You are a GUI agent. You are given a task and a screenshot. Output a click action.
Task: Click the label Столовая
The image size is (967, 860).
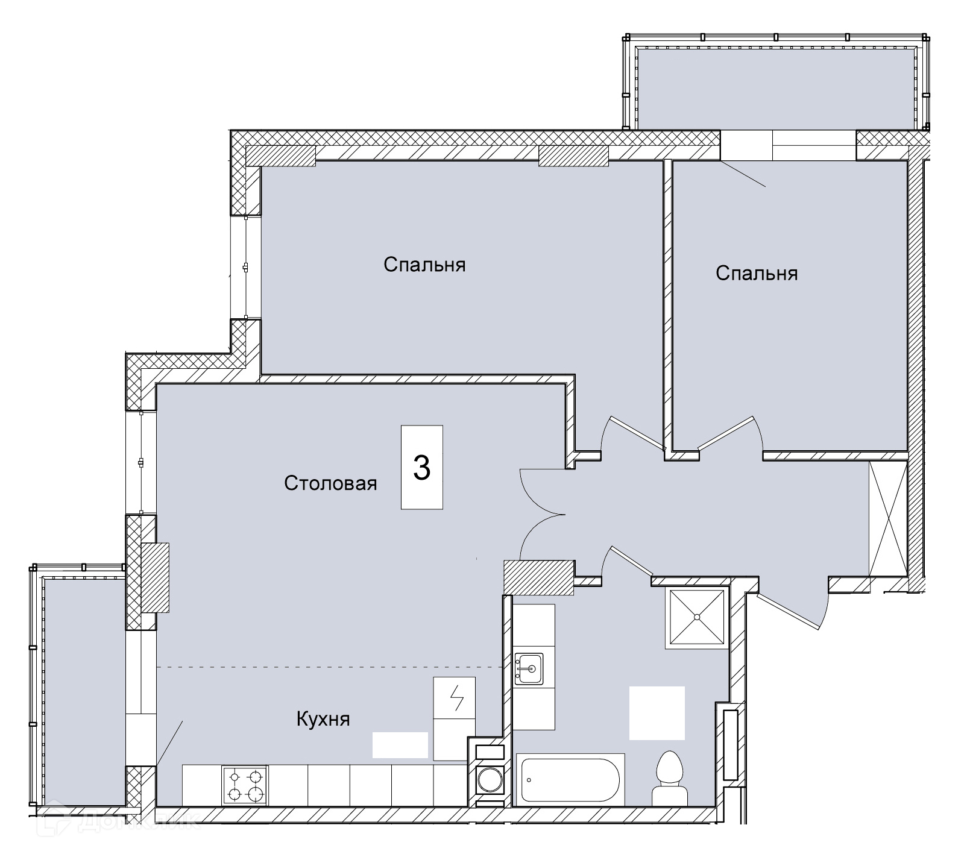click(330, 483)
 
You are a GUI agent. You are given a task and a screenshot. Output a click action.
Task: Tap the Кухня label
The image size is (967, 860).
click(323, 718)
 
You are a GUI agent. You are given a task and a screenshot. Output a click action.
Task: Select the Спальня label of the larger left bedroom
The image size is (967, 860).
click(424, 265)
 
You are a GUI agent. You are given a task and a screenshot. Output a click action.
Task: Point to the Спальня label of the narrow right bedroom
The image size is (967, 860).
click(757, 273)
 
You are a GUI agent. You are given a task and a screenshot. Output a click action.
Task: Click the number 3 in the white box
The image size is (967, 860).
click(421, 467)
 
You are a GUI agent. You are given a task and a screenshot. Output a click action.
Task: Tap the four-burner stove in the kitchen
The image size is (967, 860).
click(245, 785)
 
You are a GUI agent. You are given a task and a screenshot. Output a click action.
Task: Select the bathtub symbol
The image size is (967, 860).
click(570, 779)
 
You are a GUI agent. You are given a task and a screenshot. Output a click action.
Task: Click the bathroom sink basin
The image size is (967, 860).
click(529, 668)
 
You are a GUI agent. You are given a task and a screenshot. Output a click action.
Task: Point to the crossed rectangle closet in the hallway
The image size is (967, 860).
click(887, 518)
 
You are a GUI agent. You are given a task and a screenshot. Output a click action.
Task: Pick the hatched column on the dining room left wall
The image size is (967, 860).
click(155, 578)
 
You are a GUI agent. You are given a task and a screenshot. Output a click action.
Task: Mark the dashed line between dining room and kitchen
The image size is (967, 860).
click(330, 667)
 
